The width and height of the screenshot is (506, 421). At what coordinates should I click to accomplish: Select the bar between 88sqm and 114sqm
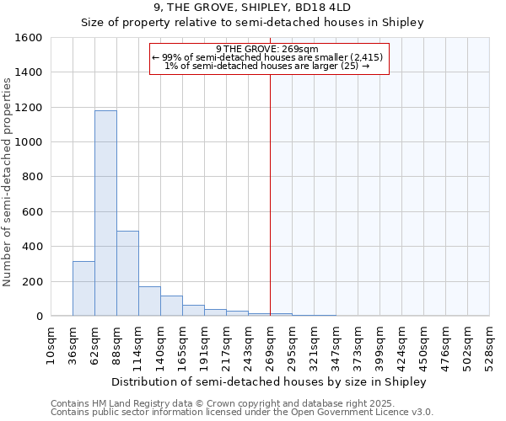tap(127, 273)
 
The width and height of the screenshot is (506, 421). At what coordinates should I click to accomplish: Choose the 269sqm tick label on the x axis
tap(270, 346)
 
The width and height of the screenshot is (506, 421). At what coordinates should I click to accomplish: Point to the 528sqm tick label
tap(490, 346)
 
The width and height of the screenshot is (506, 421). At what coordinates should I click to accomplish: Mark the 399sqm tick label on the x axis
tap(380, 346)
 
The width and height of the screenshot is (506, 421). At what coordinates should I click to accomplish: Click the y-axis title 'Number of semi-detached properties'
tap(8, 178)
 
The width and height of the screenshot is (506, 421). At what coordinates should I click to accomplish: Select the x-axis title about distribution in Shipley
tap(269, 381)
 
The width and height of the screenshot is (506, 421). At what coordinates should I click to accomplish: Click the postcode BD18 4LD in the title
tap(322, 8)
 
